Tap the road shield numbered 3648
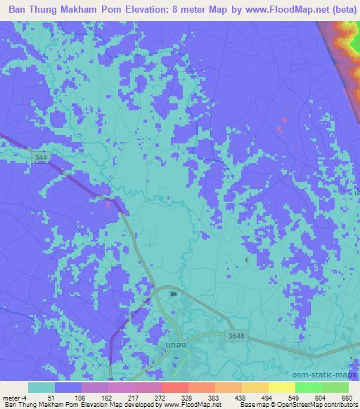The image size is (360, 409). pyautogui.click(x=237, y=336)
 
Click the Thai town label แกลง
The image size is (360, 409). pyautogui.click(x=172, y=346)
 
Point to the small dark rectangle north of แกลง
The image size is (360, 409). pyautogui.click(x=173, y=294)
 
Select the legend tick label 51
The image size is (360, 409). pyautogui.click(x=51, y=398)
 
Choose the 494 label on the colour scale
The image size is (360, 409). pyautogui.click(x=265, y=398)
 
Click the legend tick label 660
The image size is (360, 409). pyautogui.click(x=345, y=398)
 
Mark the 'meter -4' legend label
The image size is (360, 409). pyautogui.click(x=15, y=398)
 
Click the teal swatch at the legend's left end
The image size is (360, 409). pyautogui.click(x=41, y=387)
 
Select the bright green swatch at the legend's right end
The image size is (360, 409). pyautogui.click(x=335, y=387)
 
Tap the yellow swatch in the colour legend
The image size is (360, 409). pyautogui.click(x=281, y=387)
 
